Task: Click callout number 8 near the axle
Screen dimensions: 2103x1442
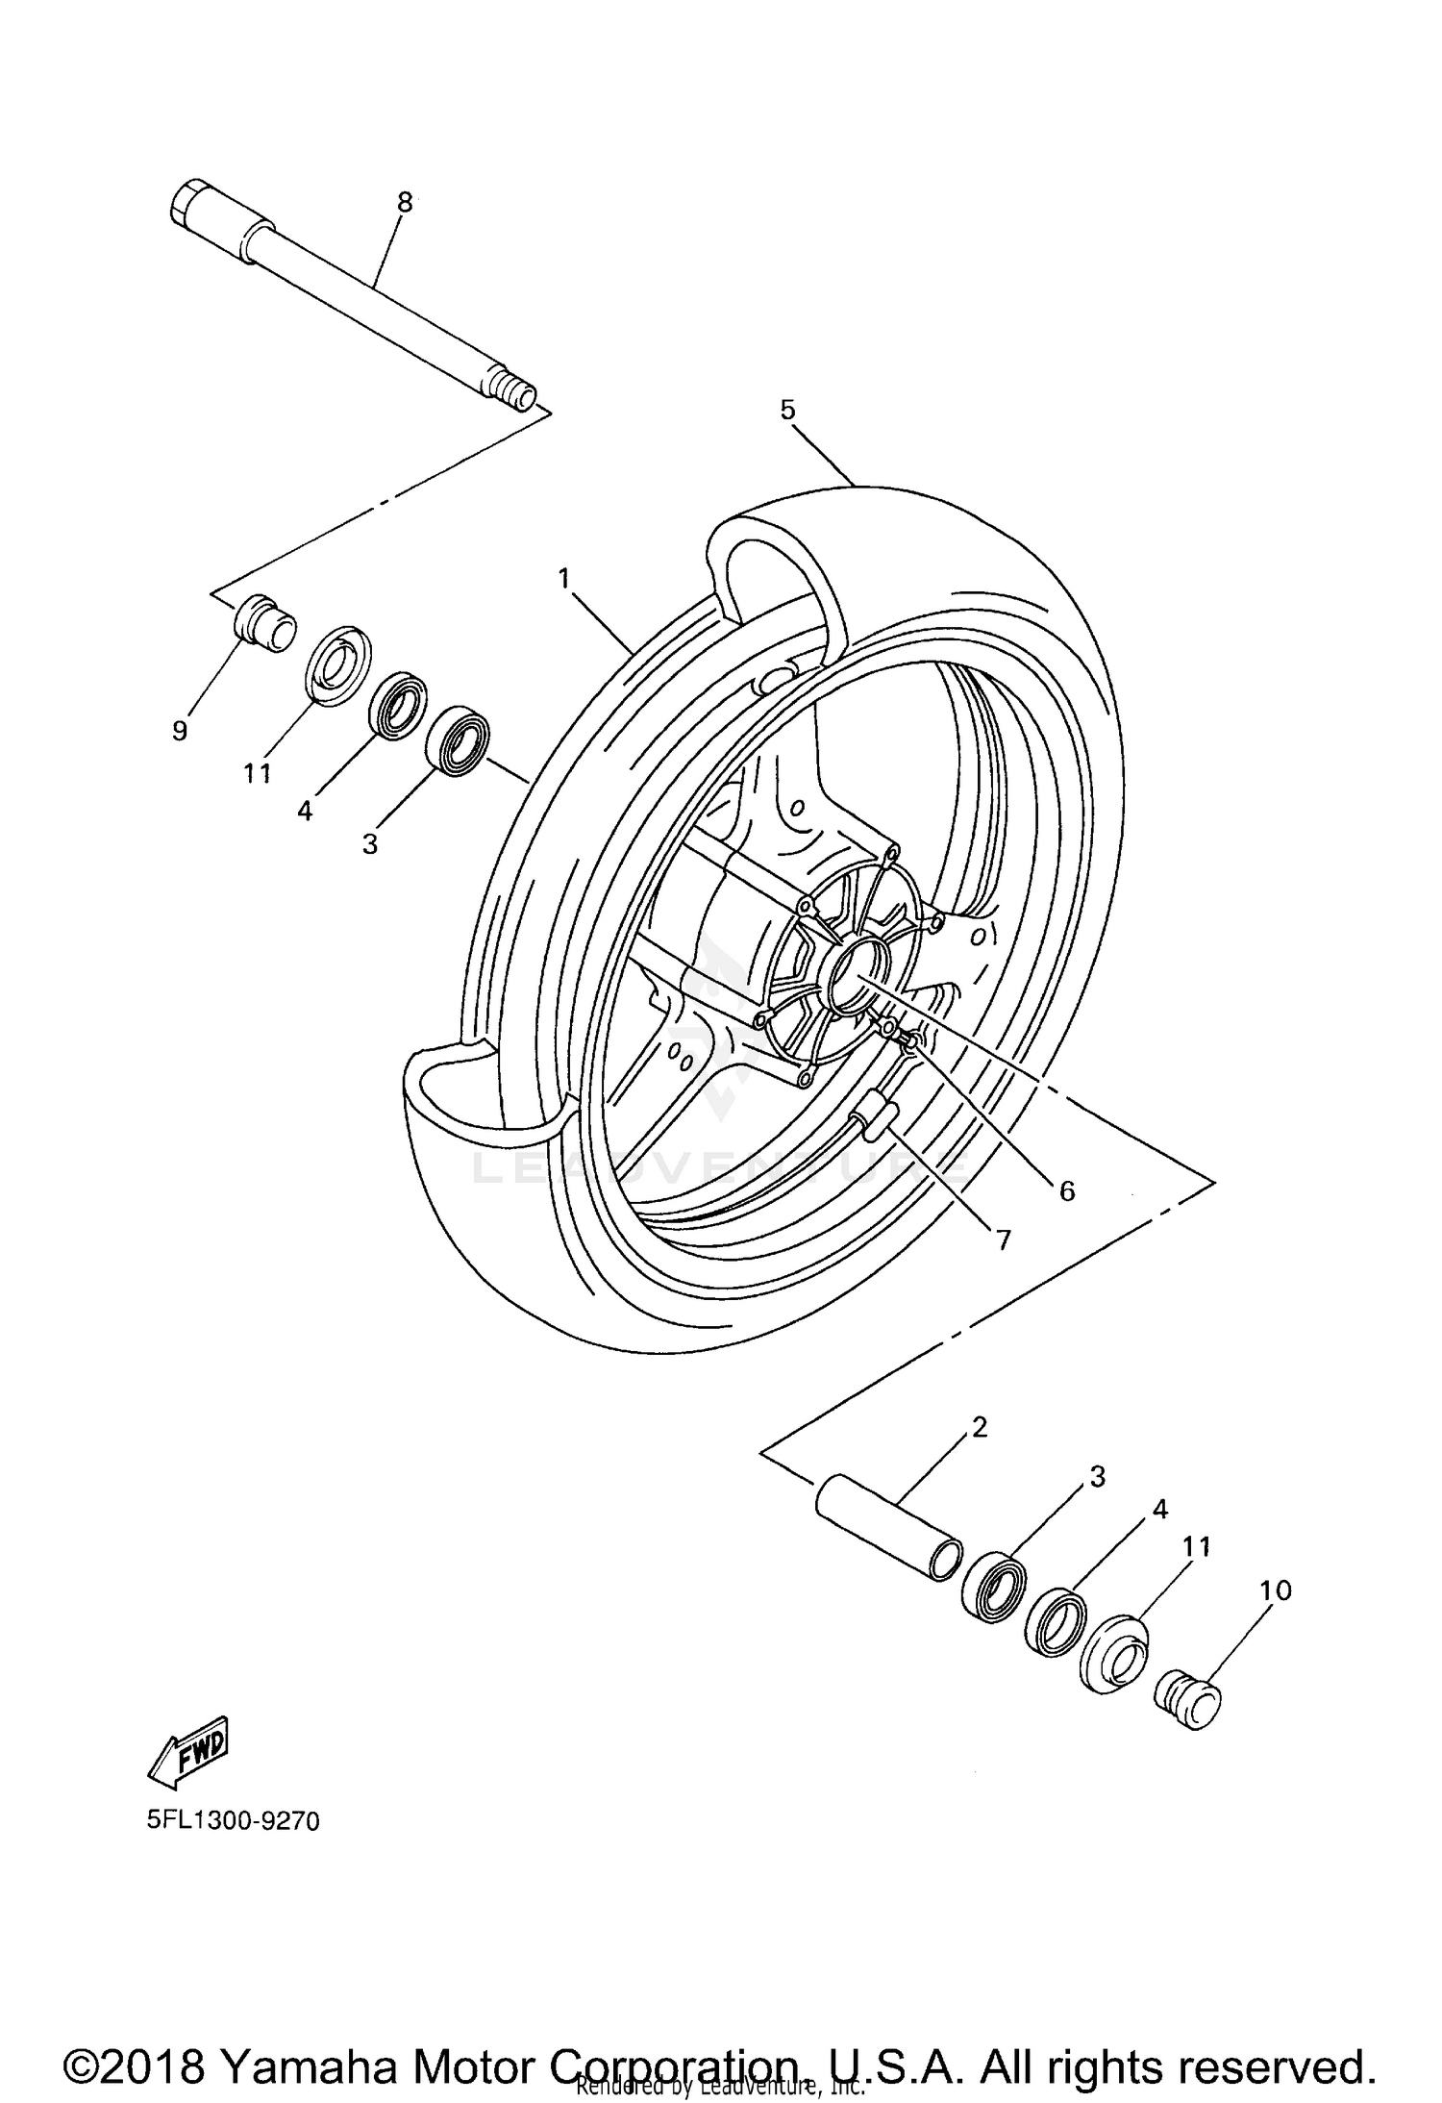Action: point(405,202)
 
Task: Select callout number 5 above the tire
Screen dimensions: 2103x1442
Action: point(787,411)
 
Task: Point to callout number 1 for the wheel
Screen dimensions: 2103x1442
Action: point(564,578)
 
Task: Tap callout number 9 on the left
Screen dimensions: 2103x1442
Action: point(180,731)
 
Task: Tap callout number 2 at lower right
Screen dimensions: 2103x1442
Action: point(980,1426)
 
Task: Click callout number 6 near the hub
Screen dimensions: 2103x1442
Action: point(1067,1190)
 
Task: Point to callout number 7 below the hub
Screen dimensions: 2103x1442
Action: point(1003,1241)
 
